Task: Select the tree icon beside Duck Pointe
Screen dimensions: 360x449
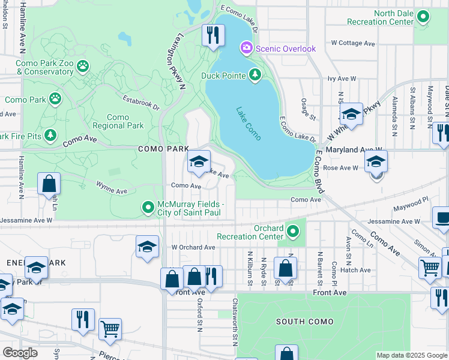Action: (255, 75)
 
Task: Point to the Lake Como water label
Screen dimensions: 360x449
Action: (248, 124)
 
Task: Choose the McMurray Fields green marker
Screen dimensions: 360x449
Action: (148, 208)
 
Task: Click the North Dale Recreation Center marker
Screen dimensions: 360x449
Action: (423, 17)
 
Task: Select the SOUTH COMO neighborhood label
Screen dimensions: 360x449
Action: (304, 322)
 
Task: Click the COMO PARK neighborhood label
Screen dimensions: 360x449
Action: (162, 148)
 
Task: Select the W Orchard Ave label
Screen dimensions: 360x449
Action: (193, 247)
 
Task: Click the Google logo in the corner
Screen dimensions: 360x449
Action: (20, 352)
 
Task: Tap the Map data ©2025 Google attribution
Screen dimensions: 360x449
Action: (411, 355)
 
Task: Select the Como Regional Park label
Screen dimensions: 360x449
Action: (118, 121)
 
